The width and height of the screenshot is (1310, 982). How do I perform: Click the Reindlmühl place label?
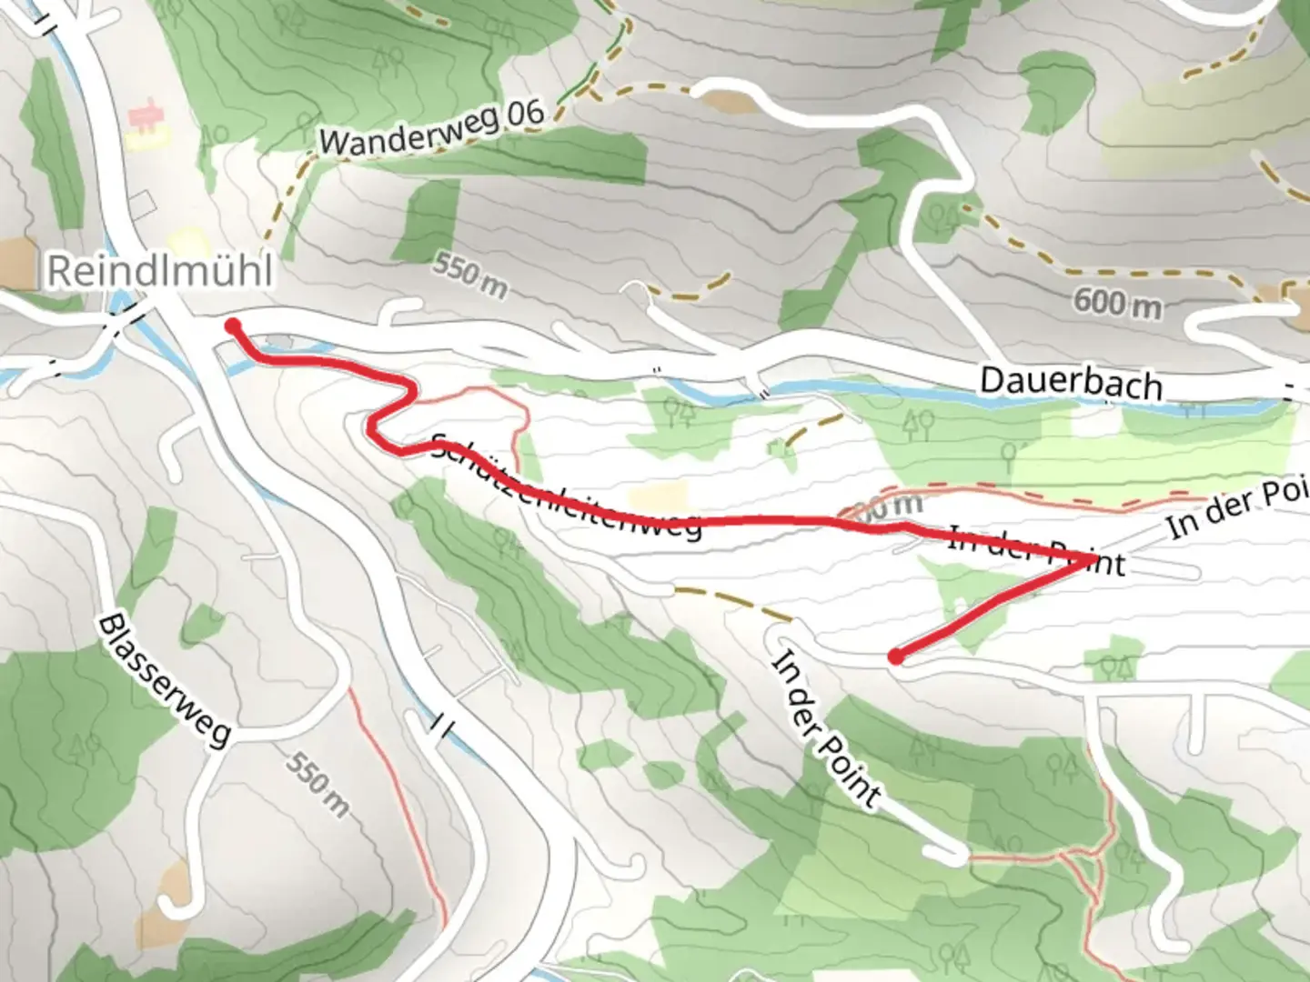159,270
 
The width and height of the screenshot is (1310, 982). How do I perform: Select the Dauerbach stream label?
1071,382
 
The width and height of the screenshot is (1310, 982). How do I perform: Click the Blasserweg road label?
165,679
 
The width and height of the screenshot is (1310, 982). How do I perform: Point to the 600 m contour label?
1116,303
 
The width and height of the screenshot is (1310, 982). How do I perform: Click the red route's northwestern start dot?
233,326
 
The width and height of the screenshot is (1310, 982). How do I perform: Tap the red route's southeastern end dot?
896,656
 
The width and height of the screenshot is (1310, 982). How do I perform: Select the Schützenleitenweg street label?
564,487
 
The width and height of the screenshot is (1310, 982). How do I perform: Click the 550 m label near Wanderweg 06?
469,276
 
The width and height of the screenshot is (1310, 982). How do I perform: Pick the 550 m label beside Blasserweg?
318,784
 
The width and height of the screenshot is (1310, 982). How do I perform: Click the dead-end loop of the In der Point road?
946,852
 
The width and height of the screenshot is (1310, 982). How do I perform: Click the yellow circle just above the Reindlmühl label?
188,242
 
